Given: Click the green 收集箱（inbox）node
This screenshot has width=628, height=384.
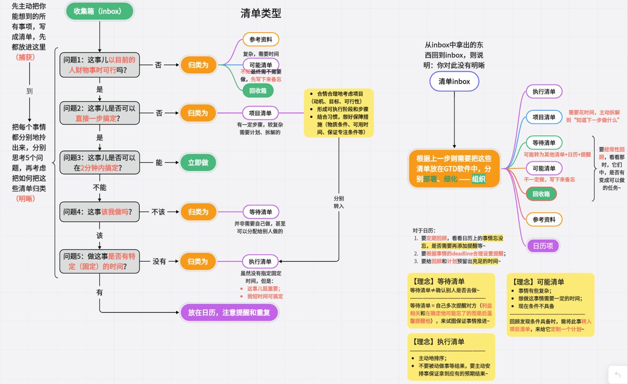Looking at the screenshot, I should tap(99, 11).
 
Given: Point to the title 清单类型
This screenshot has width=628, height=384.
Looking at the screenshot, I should tap(261, 13).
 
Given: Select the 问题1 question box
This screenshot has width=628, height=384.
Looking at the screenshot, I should tap(99, 65).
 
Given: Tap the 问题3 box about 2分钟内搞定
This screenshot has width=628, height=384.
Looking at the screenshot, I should tap(99, 163).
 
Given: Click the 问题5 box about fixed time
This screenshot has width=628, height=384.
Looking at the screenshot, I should tap(99, 261).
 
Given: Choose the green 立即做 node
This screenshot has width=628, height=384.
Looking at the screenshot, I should tap(198, 163).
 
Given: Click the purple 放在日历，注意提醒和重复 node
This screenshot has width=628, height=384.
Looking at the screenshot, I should tap(229, 313).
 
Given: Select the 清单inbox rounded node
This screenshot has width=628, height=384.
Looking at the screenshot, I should tap(454, 82).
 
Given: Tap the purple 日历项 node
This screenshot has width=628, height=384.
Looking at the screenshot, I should tap(543, 246).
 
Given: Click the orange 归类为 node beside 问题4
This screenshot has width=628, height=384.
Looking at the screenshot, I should tap(198, 212).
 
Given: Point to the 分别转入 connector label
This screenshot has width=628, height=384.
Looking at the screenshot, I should tap(339, 202).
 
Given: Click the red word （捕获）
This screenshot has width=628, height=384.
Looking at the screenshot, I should tap(25, 57).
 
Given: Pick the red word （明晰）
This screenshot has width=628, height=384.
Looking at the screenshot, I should tap(25, 198).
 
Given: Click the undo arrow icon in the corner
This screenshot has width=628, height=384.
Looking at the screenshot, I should tap(618, 375).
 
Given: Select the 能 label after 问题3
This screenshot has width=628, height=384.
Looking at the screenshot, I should tap(159, 163).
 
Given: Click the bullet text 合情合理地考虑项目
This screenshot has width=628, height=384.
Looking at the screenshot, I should tap(340, 94).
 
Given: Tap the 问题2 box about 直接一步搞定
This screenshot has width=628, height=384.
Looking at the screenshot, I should tap(99, 113).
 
